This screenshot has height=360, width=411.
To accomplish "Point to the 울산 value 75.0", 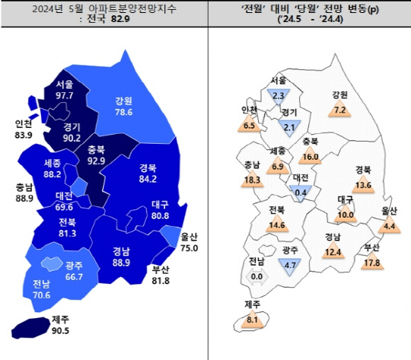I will [190, 247].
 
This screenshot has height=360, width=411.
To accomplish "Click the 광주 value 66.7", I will [74, 276].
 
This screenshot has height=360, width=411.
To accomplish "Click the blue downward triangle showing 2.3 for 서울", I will [278, 95].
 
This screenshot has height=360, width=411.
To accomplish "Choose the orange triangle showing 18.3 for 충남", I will [253, 179].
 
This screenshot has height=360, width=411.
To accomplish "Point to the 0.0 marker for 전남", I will [256, 276].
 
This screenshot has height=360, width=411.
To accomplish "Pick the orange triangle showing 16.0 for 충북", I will [309, 156].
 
